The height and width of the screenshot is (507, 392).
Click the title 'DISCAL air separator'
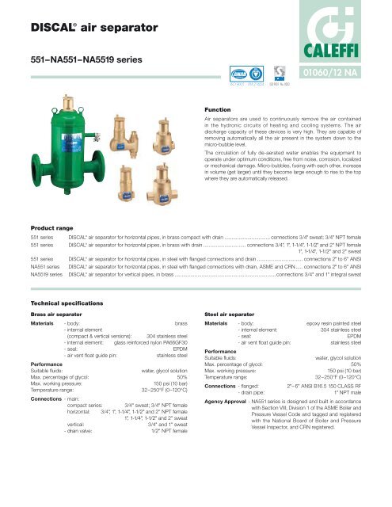click(78, 29)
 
